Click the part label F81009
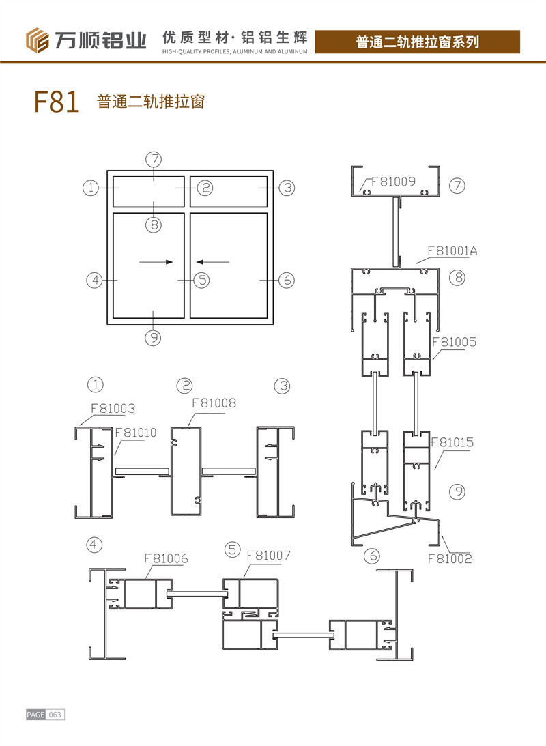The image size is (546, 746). coord(393,182)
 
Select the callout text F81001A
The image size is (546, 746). coord(452,250)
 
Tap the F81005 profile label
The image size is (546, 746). coord(455,341)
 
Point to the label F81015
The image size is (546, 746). coord(452,442)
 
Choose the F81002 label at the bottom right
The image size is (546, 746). coord(450,558)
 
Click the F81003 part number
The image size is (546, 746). coord(113,408)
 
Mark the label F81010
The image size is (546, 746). coord(136,433)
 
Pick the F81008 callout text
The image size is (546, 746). coord(214,403)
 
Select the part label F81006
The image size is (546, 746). coord(167,558)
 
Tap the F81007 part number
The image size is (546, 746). coord(269,555)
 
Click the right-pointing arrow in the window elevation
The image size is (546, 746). coord(156,261)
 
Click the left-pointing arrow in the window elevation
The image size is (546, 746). coord(212,261)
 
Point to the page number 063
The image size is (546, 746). coord(55,715)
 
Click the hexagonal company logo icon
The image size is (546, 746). coord(37,40)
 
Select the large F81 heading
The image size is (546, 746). coord(57,101)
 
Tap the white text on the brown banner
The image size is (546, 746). coord(417,42)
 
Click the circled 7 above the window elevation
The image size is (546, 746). coord(154,159)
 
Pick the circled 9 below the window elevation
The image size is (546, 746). coord(153,338)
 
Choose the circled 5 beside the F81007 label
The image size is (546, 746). coord(233,550)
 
